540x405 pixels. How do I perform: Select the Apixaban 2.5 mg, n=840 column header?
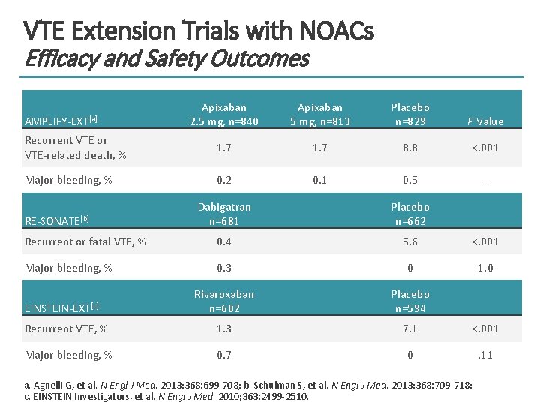223,114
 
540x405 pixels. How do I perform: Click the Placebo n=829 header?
410,114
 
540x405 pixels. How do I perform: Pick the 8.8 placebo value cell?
410,148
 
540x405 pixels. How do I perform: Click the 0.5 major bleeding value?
410,180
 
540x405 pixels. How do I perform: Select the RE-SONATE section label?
57,220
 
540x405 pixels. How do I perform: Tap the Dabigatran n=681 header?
223,214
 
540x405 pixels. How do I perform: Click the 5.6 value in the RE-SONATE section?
410,241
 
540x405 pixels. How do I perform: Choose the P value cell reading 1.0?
485,268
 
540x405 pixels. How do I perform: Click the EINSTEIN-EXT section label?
61,307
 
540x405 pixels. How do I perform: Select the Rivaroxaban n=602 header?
223,301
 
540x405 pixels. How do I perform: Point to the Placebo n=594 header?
410,301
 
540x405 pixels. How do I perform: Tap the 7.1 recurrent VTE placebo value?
410,328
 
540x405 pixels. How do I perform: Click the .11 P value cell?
485,355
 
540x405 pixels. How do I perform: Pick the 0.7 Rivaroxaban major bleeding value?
223,355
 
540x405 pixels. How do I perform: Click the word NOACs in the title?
336,31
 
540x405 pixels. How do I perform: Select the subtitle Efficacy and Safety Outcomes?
166,58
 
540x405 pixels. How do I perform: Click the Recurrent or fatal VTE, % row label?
85,241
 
